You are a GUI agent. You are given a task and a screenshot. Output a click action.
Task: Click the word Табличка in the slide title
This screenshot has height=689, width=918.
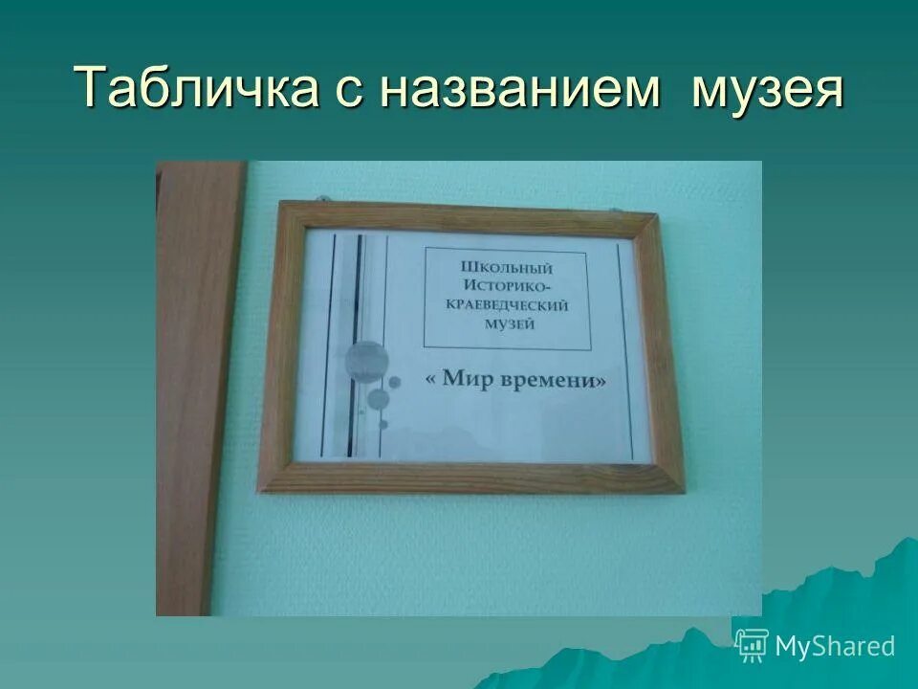point(197,88)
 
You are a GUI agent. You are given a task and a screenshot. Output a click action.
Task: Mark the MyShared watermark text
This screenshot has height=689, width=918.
point(835,646)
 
